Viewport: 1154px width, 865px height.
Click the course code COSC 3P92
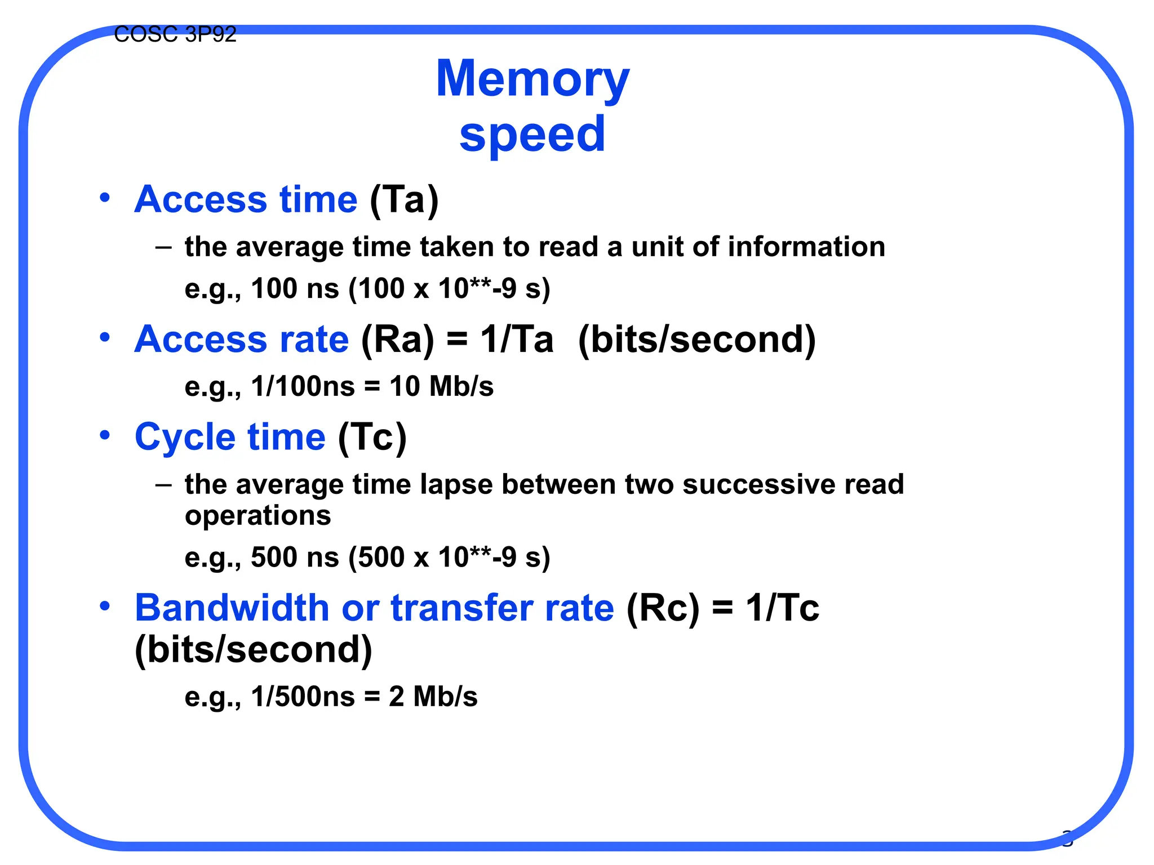pos(175,35)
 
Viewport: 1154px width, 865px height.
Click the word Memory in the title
pos(532,79)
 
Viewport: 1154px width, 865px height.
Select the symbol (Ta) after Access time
pos(404,200)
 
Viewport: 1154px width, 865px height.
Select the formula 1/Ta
pos(517,340)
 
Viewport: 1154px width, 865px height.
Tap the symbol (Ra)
pos(398,340)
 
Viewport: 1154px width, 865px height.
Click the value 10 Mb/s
pos(441,387)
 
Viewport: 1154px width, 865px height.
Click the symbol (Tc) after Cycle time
pos(372,438)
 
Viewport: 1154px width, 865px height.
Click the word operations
pos(258,516)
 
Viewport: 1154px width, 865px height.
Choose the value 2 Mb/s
pos(433,697)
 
